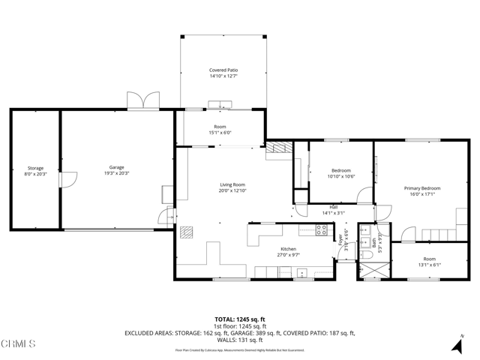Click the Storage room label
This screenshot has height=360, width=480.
click(35, 168)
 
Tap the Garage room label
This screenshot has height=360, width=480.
click(116, 167)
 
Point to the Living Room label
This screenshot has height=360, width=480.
click(232, 184)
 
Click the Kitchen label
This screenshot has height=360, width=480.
click(289, 249)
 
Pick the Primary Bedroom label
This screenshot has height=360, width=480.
click(422, 188)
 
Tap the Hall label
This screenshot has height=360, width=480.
click(332, 208)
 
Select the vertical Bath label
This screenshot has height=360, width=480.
click(373, 241)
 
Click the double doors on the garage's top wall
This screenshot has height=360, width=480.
click(143, 100)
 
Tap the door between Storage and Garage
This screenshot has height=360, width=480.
click(68, 179)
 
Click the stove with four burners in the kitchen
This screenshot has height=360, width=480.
click(321, 230)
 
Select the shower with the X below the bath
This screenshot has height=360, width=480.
click(372, 270)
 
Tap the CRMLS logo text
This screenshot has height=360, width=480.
click(18, 344)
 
